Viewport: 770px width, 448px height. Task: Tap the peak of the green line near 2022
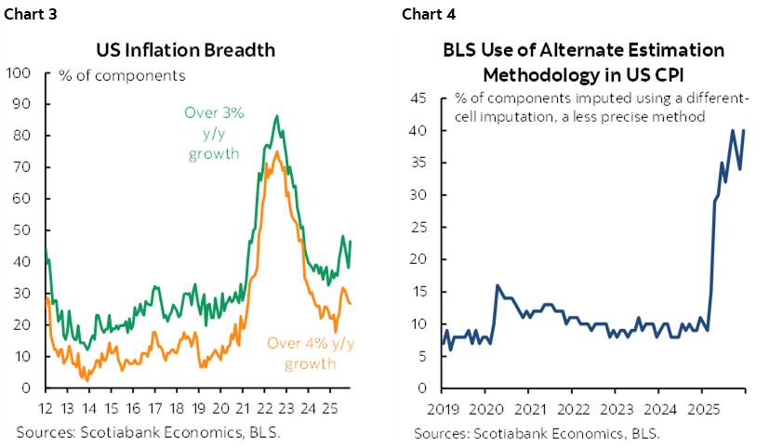(x=276, y=116)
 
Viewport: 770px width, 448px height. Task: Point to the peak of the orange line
(x=276, y=152)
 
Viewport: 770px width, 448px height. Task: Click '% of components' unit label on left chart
(x=123, y=75)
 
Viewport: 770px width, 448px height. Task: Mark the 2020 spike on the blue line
(x=497, y=285)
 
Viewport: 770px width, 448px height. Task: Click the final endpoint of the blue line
(x=743, y=131)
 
